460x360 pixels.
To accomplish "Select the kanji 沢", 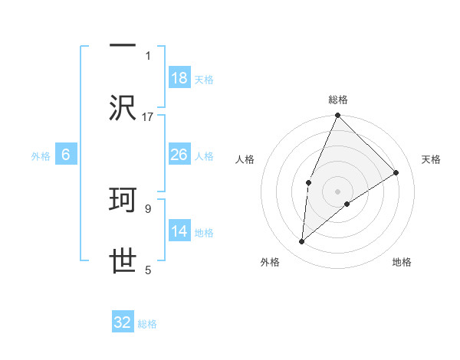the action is (123, 107).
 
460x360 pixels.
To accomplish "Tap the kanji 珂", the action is (123, 201).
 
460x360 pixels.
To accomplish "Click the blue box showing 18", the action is (179, 78).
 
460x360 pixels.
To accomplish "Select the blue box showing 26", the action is (179, 155).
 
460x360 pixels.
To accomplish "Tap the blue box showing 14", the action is (179, 231).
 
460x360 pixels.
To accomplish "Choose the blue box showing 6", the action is (65, 155).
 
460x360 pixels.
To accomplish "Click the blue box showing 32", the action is (123, 322).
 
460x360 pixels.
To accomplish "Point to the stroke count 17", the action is (148, 116).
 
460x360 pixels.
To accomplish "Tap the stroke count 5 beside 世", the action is (148, 270).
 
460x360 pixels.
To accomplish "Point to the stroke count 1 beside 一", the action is (148, 55).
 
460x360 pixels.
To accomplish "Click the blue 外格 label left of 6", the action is (41, 155).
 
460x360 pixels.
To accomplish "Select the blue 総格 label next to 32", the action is (147, 324).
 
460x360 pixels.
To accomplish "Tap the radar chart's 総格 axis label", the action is (337, 100).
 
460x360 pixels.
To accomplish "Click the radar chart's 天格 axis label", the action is (432, 159).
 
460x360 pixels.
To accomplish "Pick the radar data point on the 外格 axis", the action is (302, 242).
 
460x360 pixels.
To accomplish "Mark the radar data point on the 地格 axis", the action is (347, 204).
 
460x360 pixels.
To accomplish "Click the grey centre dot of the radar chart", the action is (337, 191).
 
